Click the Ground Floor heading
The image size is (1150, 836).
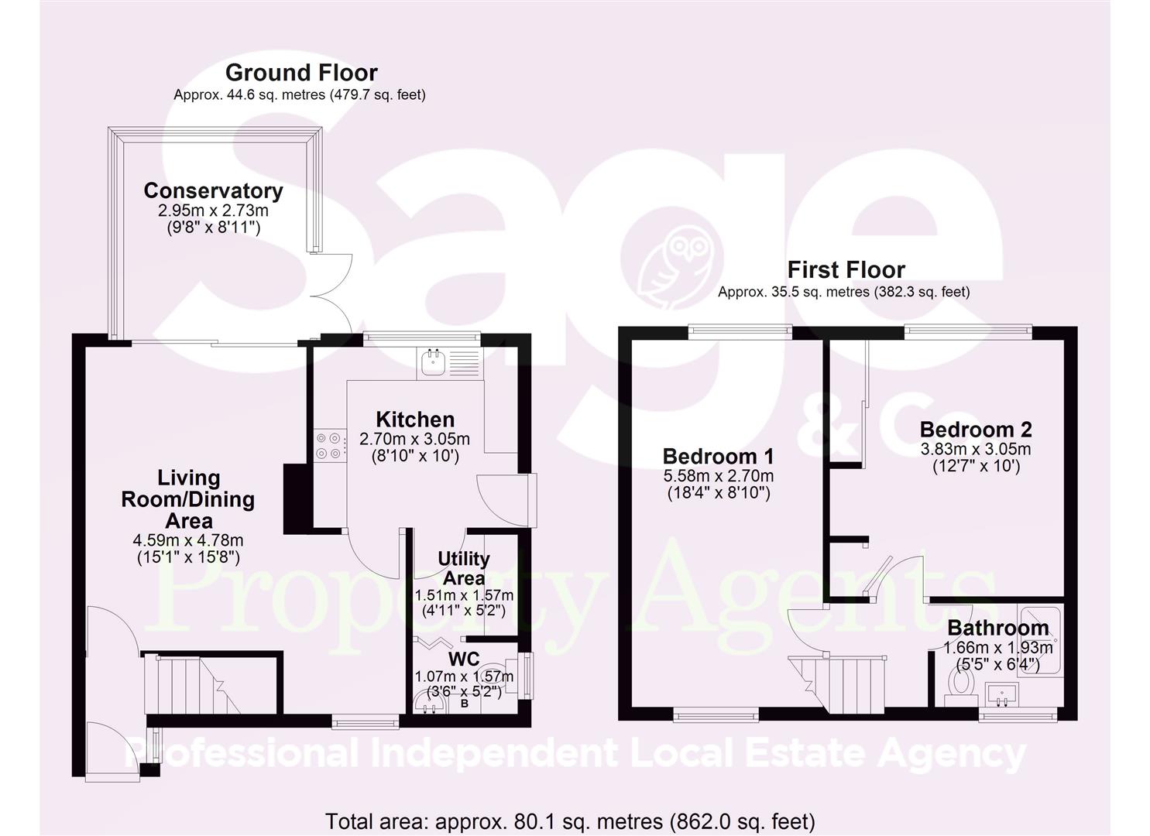tap(300, 73)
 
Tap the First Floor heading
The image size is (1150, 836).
tap(846, 270)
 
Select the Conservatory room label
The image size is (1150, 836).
tap(213, 190)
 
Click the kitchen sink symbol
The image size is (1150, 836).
tap(432, 363)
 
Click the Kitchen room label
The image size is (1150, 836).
tap(415, 420)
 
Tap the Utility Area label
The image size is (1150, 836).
tap(463, 568)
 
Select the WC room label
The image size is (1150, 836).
tap(464, 659)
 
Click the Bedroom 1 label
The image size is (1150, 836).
tap(718, 456)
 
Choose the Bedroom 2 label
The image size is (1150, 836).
tap(975, 429)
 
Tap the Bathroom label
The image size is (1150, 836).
tap(997, 628)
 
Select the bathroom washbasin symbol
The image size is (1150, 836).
tap(1004, 694)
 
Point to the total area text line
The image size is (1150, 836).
tap(570, 821)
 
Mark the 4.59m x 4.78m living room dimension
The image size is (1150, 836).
tap(187, 540)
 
